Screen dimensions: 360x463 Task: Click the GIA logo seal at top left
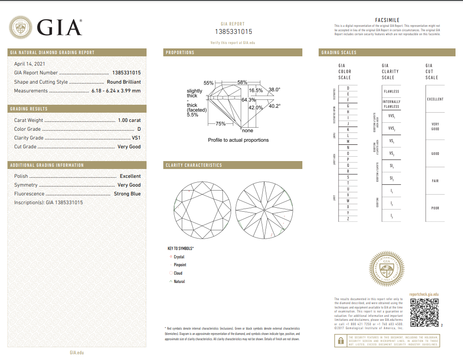pyautogui.click(x=21, y=28)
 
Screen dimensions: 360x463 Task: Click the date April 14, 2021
pyautogui.click(x=30, y=64)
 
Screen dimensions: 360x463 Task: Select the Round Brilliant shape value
pyautogui.click(x=124, y=82)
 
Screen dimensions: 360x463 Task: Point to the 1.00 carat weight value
pyautogui.click(x=129, y=120)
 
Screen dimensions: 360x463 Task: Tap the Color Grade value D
pyautogui.click(x=139, y=129)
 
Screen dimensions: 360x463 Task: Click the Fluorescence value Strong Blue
pyautogui.click(x=127, y=194)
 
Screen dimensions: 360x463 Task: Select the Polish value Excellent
pyautogui.click(x=130, y=176)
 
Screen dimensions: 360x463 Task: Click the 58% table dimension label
pyautogui.click(x=242, y=82)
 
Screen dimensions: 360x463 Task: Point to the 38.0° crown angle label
pyautogui.click(x=274, y=89)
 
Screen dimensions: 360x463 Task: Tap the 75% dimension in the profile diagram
pyautogui.click(x=220, y=124)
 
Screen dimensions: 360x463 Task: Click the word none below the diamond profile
pyautogui.click(x=248, y=131)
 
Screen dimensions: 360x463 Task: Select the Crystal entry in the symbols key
pyautogui.click(x=179, y=257)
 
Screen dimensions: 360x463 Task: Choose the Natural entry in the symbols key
pyautogui.click(x=179, y=282)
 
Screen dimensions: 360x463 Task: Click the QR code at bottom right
pyautogui.click(x=424, y=312)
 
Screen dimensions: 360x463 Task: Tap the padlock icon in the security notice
pyautogui.click(x=340, y=341)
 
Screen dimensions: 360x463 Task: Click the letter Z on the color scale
pyautogui.click(x=348, y=219)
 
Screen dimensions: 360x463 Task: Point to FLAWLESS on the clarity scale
pyautogui.click(x=391, y=92)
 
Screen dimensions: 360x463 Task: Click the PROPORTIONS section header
pyautogui.click(x=180, y=52)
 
